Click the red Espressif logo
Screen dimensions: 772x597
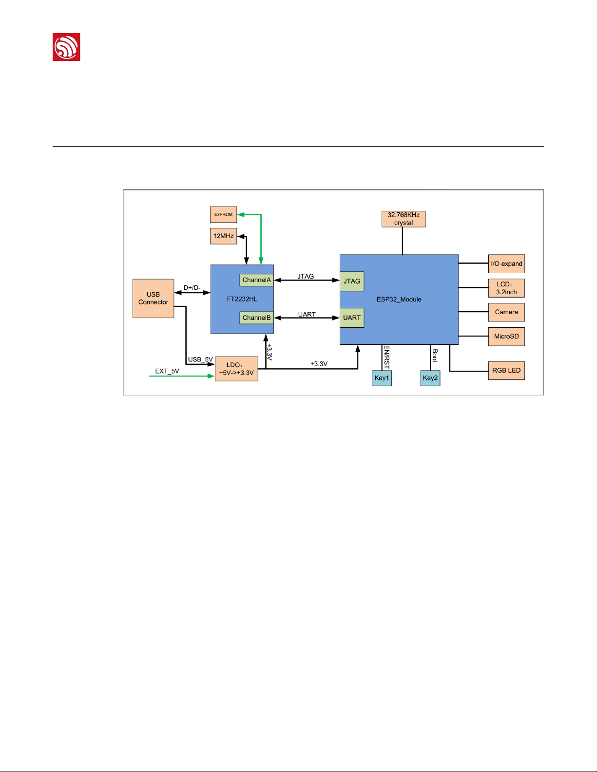click(x=66, y=47)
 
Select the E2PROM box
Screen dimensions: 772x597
click(x=223, y=215)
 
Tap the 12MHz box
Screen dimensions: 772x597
click(x=223, y=236)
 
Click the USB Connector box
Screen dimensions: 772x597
click(x=153, y=299)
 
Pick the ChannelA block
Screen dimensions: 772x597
click(x=256, y=280)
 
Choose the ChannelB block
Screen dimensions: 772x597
click(x=256, y=318)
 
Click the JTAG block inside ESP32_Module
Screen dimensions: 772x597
click(x=352, y=282)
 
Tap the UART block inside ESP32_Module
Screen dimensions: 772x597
click(x=352, y=318)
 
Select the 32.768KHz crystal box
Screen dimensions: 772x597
click(x=404, y=219)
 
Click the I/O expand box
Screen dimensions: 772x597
click(x=506, y=264)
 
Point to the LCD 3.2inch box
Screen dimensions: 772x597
click(x=506, y=288)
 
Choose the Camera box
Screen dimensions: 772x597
click(x=506, y=312)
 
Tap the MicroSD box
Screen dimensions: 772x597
click(x=506, y=337)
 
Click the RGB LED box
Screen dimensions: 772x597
click(x=506, y=371)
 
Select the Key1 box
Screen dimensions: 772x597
click(x=382, y=378)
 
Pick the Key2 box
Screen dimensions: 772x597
click(x=430, y=378)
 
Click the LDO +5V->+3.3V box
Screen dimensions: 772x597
click(x=236, y=369)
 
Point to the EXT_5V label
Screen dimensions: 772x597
click(x=167, y=371)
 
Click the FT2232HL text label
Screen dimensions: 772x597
click(x=242, y=299)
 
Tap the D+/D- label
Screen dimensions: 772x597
click(x=192, y=288)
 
